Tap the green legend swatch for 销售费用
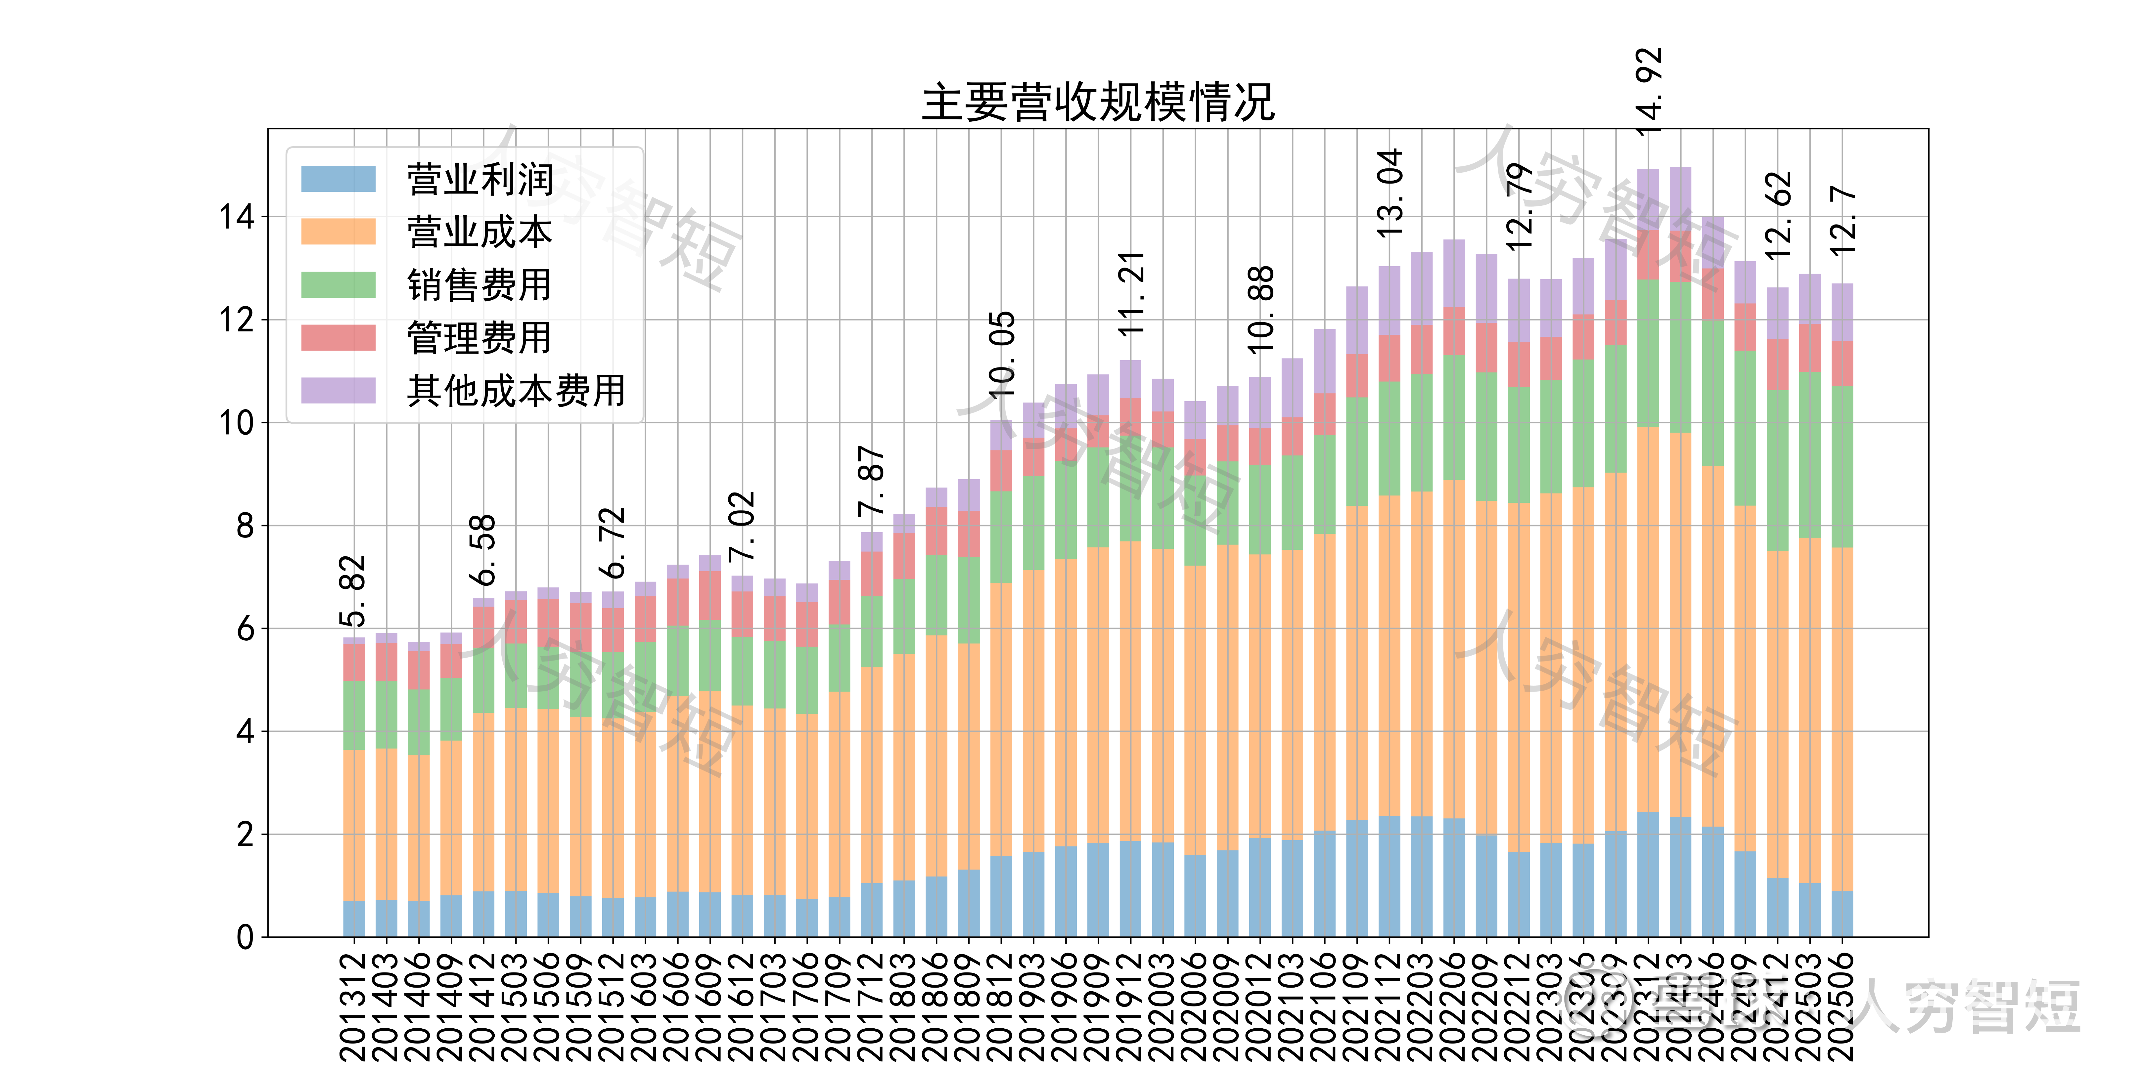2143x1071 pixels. click(338, 284)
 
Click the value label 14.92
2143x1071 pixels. click(1648, 92)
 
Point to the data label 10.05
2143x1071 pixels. click(1002, 353)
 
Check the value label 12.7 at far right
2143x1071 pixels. click(1843, 220)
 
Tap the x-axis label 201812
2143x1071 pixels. click(1002, 1006)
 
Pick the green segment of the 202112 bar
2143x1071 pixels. click(1389, 438)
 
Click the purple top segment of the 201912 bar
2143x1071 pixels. click(1130, 378)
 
